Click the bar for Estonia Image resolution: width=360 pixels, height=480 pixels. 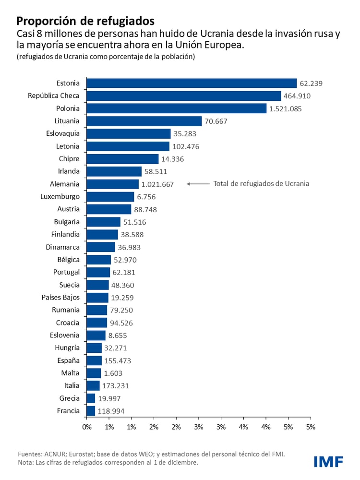tap(192, 83)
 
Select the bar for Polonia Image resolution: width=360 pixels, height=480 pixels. tap(176, 108)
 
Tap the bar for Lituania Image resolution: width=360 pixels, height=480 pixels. tap(144, 121)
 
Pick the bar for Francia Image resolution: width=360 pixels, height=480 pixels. tap(91, 411)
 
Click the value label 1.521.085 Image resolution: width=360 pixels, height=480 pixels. tap(286, 108)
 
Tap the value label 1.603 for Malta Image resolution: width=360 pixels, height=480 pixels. tap(114, 373)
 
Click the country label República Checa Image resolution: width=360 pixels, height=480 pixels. tap(54, 96)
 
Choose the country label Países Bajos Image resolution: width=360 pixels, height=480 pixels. tap(60, 298)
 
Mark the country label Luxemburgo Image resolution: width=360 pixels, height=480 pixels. tap(60, 196)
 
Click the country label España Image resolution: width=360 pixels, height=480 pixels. tap(68, 360)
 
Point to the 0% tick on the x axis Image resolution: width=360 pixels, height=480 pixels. tap(87, 426)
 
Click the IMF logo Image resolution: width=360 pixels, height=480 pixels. tap(328, 462)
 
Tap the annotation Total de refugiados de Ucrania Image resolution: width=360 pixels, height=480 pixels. tap(261, 183)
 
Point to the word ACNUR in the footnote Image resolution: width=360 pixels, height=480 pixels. tap(56, 454)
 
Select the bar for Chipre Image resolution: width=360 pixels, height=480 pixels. tap(122, 159)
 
